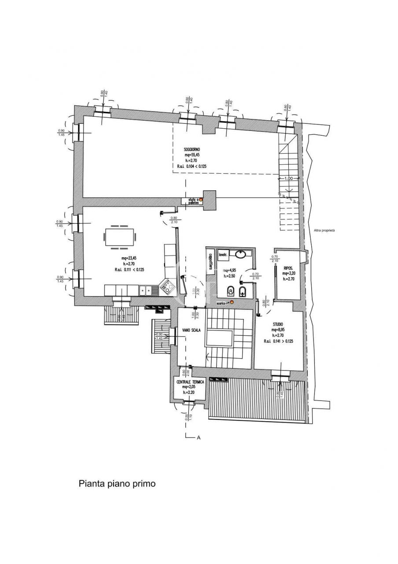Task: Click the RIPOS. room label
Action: click(289, 267)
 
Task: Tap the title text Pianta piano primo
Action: click(117, 483)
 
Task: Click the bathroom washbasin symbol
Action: click(241, 254)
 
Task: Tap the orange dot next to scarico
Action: click(232, 302)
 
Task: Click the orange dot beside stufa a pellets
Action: click(201, 200)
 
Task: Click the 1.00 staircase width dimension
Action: click(288, 178)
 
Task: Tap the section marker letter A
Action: click(199, 438)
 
